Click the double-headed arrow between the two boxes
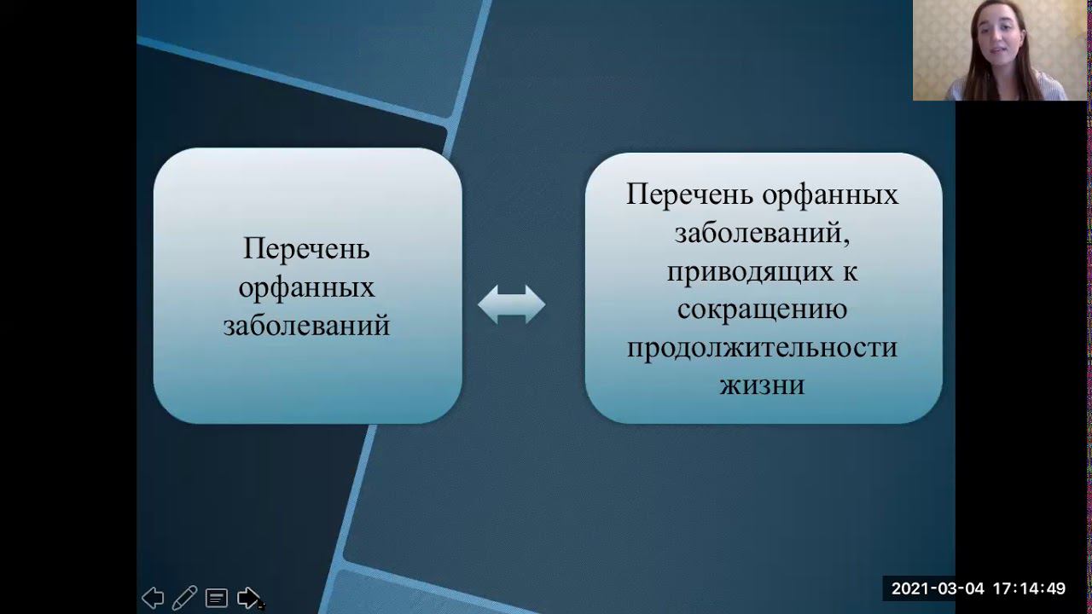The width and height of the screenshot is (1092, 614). click(511, 304)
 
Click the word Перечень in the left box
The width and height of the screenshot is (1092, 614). click(306, 249)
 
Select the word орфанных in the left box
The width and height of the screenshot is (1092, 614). click(306, 287)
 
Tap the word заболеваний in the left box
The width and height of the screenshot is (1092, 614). click(306, 325)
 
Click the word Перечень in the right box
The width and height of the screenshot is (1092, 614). click(690, 194)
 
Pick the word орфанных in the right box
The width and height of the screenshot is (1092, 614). click(830, 195)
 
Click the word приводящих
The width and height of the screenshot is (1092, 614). click(750, 272)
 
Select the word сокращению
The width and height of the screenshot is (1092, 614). click(762, 310)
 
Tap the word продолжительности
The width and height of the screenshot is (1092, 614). click(762, 348)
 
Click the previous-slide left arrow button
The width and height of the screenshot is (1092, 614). click(153, 598)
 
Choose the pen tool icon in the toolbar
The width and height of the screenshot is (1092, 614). click(185, 598)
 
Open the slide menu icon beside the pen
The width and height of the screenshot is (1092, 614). click(217, 598)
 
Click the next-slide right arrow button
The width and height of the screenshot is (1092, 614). click(248, 598)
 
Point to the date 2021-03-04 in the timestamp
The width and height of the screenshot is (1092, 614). click(938, 588)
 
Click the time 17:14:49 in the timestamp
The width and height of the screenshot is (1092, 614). click(1029, 588)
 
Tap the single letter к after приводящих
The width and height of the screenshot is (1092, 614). click(851, 272)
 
